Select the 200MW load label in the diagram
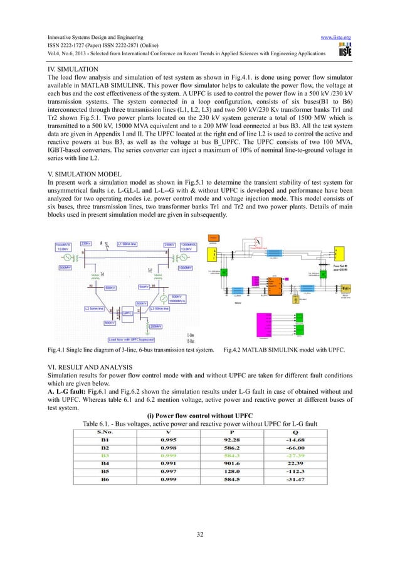(x=152, y=326)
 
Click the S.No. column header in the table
(x=105, y=431)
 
